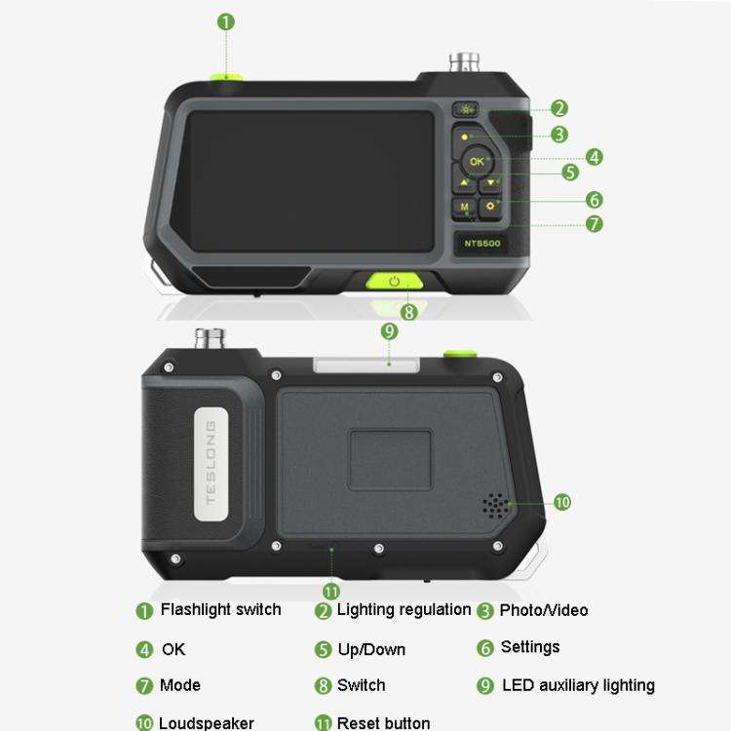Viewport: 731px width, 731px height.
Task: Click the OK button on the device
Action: tap(476, 161)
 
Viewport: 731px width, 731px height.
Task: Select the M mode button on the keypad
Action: tap(464, 208)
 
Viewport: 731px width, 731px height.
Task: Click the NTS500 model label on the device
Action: tap(481, 244)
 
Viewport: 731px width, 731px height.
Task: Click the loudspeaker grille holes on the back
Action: tap(495, 505)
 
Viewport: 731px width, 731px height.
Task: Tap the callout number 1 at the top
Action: tap(226, 20)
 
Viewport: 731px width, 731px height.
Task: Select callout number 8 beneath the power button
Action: tap(408, 312)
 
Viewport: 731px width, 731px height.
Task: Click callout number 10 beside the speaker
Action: tap(562, 502)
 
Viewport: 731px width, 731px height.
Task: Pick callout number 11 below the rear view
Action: tap(330, 591)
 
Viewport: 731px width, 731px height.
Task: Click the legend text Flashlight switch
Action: tap(220, 610)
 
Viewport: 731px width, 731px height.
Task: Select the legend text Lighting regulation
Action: tap(404, 610)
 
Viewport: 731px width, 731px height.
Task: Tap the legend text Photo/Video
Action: tap(543, 611)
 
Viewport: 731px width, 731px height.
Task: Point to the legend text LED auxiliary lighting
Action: tap(578, 685)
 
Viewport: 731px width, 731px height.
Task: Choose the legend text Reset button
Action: tap(383, 723)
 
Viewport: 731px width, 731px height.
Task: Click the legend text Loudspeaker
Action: tap(206, 723)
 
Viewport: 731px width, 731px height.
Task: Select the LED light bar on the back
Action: tap(366, 365)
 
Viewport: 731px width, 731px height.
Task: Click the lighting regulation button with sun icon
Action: tap(465, 109)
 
